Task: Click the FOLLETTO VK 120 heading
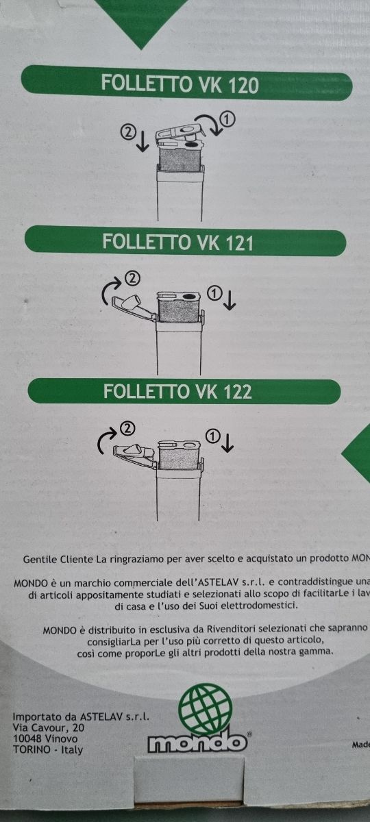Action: click(x=180, y=84)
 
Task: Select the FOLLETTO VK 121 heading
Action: click(x=177, y=242)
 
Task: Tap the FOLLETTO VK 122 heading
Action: click(x=177, y=391)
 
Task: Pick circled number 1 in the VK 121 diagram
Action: click(x=214, y=293)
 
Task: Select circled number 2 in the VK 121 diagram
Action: click(x=133, y=279)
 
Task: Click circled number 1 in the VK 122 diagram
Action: click(x=213, y=436)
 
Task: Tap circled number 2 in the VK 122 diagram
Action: click(x=127, y=429)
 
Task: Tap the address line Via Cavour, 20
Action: click(x=49, y=727)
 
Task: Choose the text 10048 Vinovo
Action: click(x=45, y=738)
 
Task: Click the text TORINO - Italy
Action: click(x=48, y=749)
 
